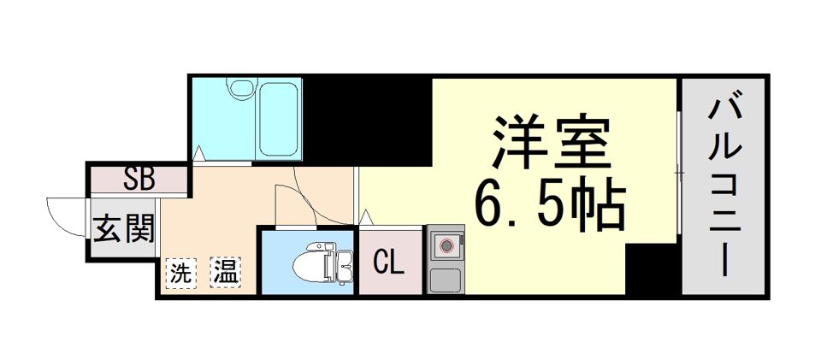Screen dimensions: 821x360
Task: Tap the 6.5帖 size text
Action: (550, 204)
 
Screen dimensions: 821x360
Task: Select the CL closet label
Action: (389, 263)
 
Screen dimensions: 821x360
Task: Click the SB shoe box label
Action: (139, 179)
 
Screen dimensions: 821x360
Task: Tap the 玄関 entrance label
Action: (124, 228)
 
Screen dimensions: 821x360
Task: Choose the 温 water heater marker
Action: (226, 272)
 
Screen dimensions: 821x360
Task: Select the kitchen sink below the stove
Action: (445, 280)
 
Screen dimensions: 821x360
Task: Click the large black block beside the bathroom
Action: (367, 121)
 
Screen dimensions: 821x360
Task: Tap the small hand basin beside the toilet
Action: (344, 265)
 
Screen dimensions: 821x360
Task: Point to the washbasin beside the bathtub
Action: (240, 87)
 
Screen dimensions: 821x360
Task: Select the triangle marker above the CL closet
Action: (365, 216)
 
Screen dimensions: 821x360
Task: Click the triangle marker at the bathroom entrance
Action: (198, 153)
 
